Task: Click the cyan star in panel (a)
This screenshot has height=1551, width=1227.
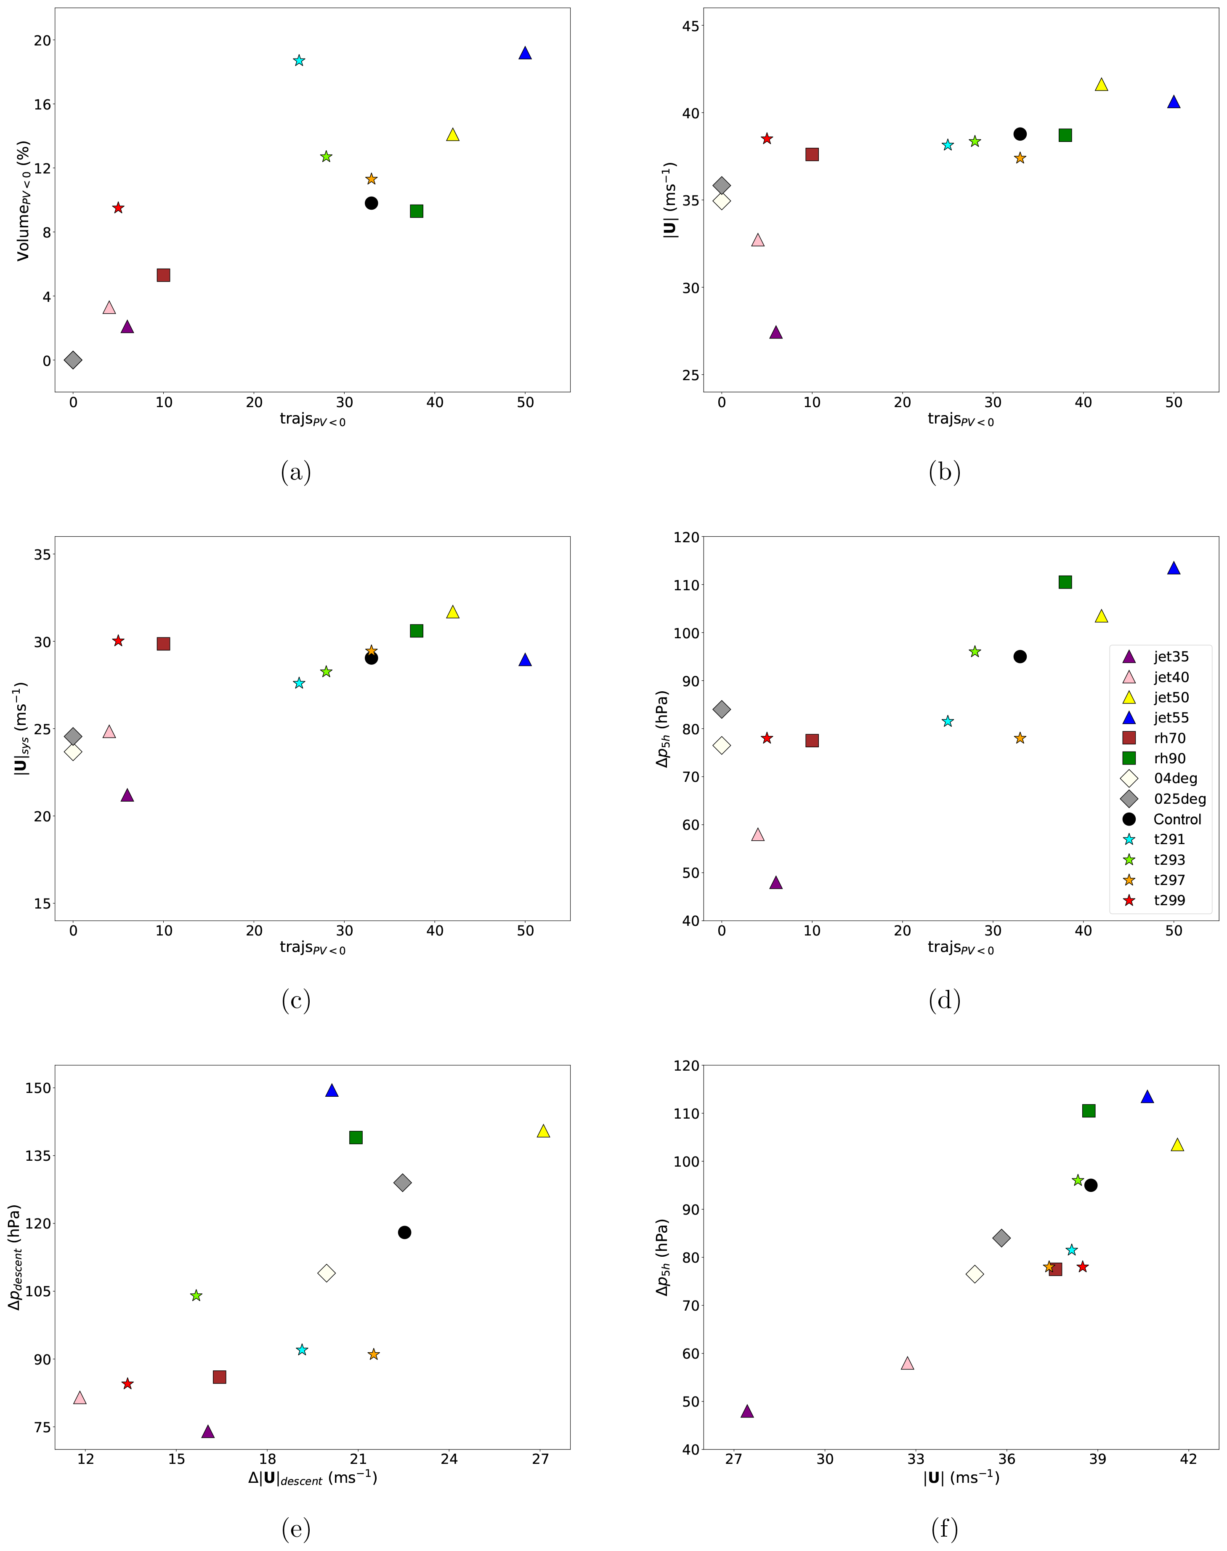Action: coord(299,60)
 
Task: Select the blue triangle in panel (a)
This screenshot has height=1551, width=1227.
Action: coord(525,53)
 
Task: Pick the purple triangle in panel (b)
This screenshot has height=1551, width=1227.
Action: coord(776,332)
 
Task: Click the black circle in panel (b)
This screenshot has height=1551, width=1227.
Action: coord(1020,134)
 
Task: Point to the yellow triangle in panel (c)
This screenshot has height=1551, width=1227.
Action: coord(453,612)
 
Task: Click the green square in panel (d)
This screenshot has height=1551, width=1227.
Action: coord(1065,582)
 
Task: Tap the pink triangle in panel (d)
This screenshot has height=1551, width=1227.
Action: coord(758,834)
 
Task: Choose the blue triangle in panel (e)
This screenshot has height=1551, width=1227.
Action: coord(332,1090)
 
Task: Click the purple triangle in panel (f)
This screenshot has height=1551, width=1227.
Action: coord(747,1411)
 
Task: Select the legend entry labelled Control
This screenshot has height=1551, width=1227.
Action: coord(1177,819)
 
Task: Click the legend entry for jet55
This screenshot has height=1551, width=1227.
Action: coord(1171,717)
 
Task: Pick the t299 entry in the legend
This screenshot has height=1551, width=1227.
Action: coord(1169,900)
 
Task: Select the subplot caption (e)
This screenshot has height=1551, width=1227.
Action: coord(296,1528)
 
